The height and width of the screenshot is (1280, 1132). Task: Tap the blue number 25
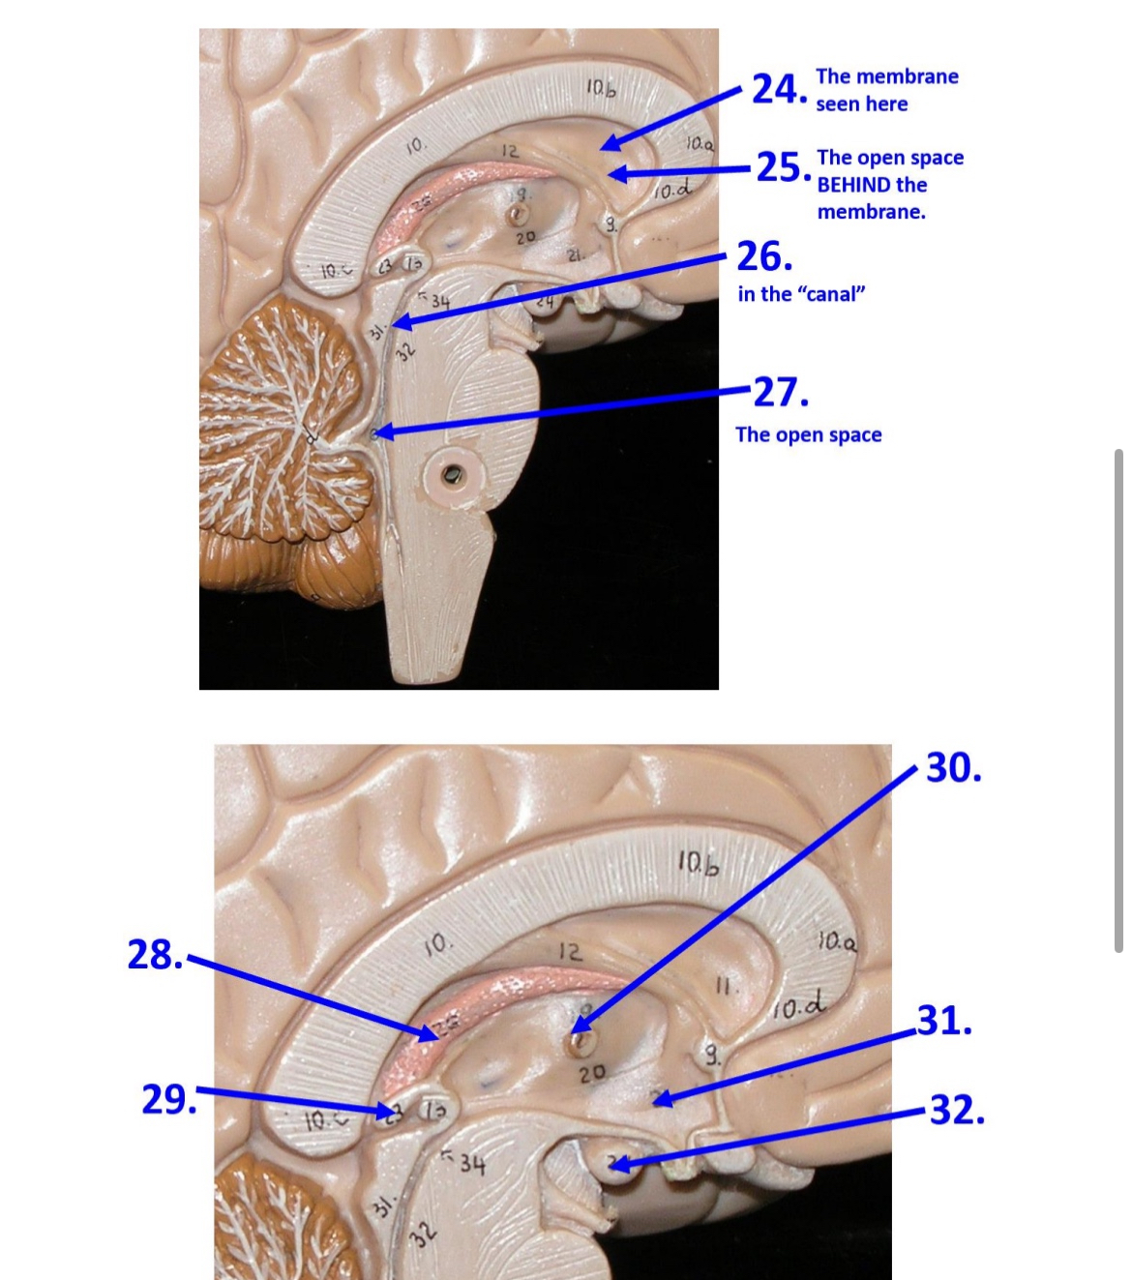[x=780, y=167]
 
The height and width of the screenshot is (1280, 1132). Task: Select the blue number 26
[x=763, y=256]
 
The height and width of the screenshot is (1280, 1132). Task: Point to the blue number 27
[x=779, y=393]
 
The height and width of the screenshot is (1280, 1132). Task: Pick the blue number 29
[x=166, y=1100]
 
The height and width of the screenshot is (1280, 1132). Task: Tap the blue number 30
[x=953, y=768]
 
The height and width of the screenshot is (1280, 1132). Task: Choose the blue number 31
[x=943, y=1021]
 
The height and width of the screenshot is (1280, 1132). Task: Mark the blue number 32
[x=956, y=1110]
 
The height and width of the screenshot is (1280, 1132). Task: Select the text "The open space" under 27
[x=808, y=434]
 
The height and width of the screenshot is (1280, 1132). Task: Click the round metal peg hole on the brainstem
[x=452, y=474]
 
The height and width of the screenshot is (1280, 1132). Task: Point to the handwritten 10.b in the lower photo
[x=698, y=861]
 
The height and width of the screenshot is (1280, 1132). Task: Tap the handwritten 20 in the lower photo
[x=591, y=1072]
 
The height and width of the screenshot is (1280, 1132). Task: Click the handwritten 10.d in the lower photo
[x=799, y=1009]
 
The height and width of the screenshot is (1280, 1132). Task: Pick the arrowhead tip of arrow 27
[x=375, y=434]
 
